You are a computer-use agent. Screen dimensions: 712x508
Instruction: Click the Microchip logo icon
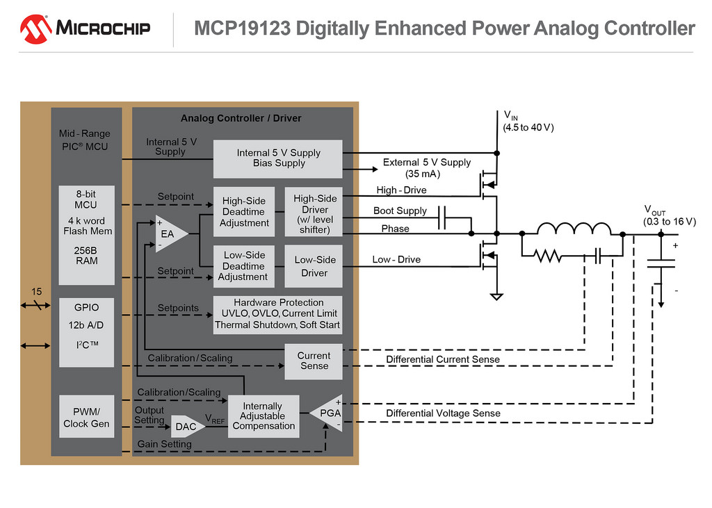click(35, 29)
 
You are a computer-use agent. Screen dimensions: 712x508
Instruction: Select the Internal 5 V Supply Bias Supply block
click(278, 159)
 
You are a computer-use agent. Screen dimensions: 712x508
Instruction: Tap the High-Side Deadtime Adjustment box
click(244, 211)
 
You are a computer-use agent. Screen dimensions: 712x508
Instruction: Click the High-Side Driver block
click(314, 211)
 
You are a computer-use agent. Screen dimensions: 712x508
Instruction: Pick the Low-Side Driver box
click(314, 266)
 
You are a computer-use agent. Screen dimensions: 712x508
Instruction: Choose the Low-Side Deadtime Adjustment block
click(244, 266)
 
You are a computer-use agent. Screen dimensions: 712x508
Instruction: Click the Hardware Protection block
click(278, 315)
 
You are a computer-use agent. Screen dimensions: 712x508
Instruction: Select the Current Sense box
click(314, 361)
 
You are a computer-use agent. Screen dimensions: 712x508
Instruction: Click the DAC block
click(186, 426)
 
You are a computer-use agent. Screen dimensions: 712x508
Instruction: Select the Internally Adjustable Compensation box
click(264, 416)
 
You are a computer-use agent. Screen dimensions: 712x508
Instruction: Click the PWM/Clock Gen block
click(87, 417)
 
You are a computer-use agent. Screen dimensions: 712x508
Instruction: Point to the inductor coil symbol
click(574, 229)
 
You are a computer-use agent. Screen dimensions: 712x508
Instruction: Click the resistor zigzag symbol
click(548, 256)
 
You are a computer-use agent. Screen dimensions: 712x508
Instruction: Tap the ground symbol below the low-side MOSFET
click(496, 297)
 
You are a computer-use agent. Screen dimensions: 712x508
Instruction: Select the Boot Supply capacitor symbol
click(442, 218)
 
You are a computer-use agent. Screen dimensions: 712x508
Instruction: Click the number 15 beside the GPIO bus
click(36, 291)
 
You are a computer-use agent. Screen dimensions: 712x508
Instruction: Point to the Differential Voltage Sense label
click(443, 413)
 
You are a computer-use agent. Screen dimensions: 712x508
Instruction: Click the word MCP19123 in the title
click(242, 28)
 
